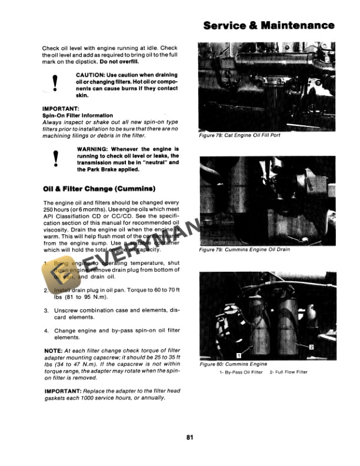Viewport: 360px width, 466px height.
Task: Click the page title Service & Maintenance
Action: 269,25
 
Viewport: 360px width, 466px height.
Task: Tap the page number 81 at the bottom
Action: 189,437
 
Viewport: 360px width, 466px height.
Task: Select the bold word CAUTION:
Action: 90,75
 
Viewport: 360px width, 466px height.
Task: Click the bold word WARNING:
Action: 92,149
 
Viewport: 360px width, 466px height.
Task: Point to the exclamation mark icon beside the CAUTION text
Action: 55,84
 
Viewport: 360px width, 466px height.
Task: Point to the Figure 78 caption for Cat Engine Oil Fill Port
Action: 239,135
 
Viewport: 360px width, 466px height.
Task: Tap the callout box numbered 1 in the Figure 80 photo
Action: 239,355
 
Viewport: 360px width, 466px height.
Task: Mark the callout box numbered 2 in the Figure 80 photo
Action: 311,347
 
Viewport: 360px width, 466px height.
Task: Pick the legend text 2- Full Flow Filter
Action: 289,372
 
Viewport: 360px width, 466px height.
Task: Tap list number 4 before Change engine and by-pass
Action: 46,331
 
